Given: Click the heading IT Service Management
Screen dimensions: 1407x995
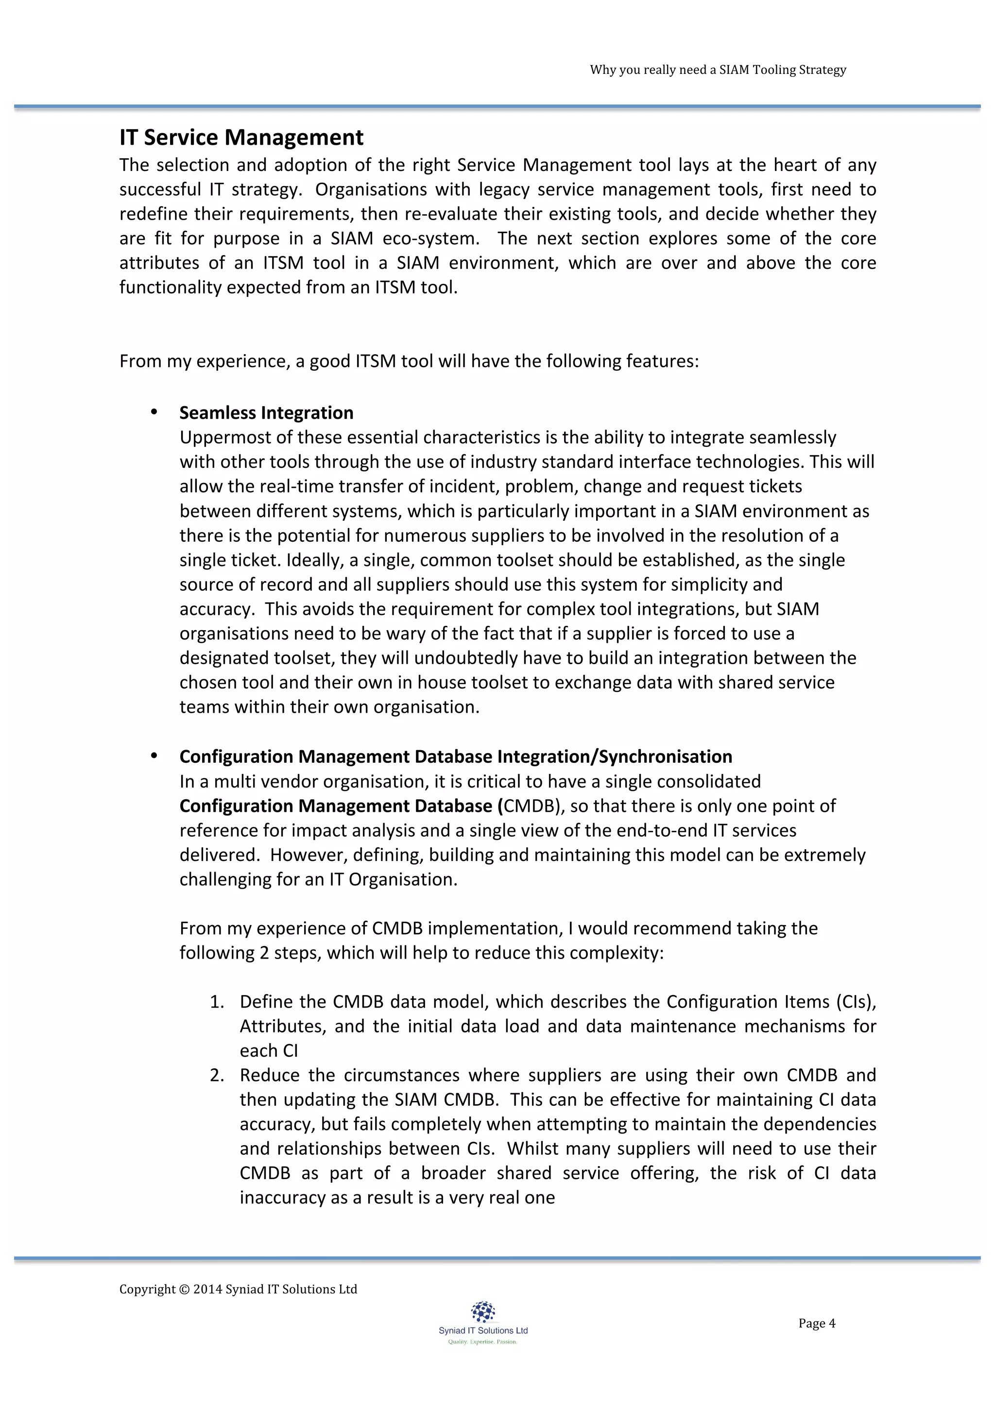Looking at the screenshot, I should pos(241,137).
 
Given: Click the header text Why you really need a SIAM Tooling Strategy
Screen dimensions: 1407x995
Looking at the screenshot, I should pos(718,70).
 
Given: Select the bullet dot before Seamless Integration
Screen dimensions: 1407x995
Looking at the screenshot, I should pos(154,412).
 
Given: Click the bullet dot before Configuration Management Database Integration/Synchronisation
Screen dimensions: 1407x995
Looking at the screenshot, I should pos(154,755).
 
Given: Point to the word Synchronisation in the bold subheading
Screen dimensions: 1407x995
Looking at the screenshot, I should pos(666,757).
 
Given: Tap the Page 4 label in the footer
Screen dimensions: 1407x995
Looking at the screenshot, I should pos(817,1323).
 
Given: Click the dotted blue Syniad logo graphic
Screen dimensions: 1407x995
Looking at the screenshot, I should pos(483,1311).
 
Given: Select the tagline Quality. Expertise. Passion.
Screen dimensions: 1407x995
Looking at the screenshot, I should pos(483,1341).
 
